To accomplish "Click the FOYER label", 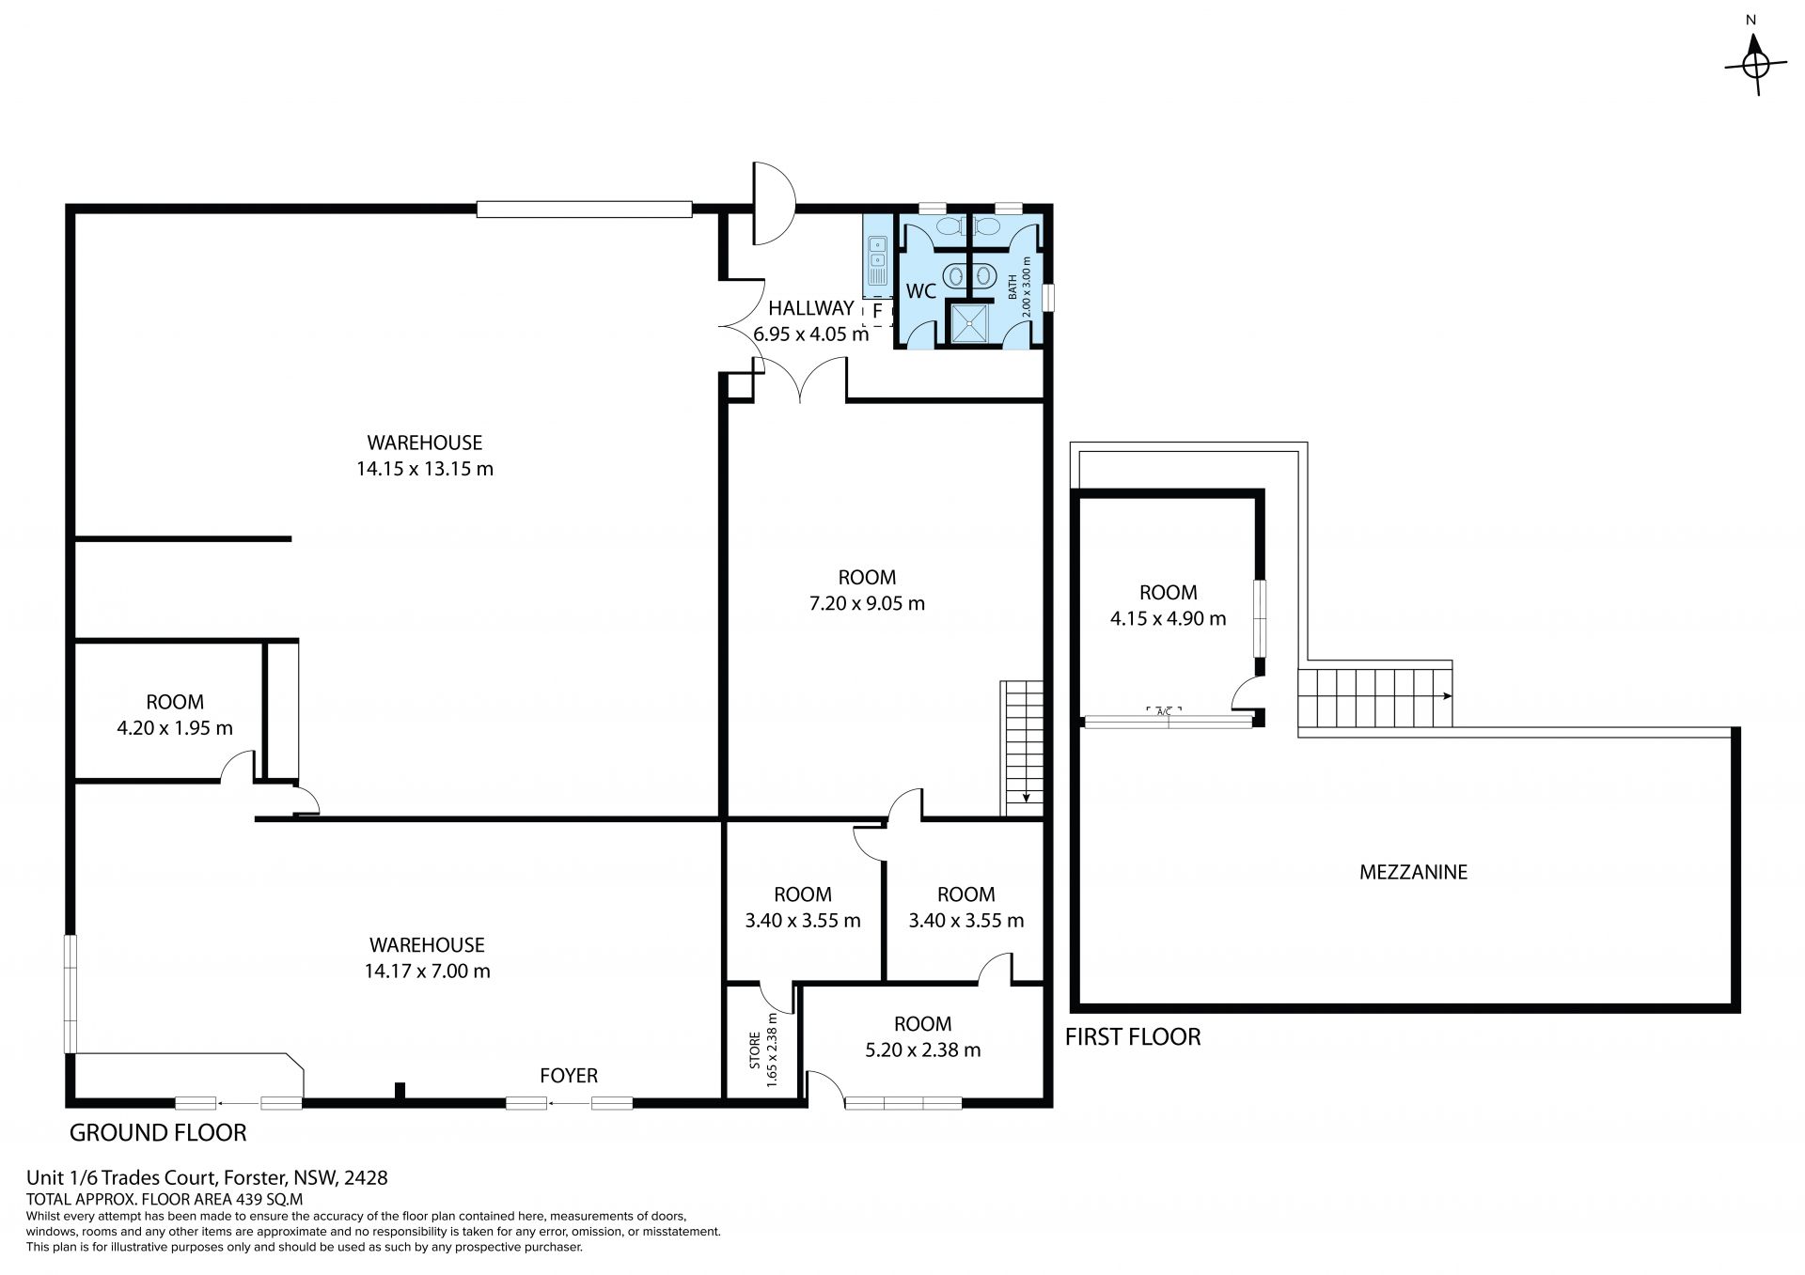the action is coord(569,1076).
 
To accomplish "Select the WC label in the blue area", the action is coord(920,291).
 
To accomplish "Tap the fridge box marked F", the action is coord(877,311).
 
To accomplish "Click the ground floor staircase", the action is coord(1022,748).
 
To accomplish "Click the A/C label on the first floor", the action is coord(1163,711).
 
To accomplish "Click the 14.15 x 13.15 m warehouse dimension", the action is coord(425,469).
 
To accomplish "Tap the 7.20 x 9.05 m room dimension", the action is coord(867,603).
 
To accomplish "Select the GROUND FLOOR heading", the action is coord(158,1133).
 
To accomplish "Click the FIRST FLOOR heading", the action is coord(1133,1037).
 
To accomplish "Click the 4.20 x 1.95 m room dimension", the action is coord(175,728).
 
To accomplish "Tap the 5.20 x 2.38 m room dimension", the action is coord(923,1050).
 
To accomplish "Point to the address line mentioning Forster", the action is coord(207,1177).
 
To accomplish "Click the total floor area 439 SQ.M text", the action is coord(165,1200).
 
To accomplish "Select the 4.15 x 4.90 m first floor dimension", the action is coord(1169,619).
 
